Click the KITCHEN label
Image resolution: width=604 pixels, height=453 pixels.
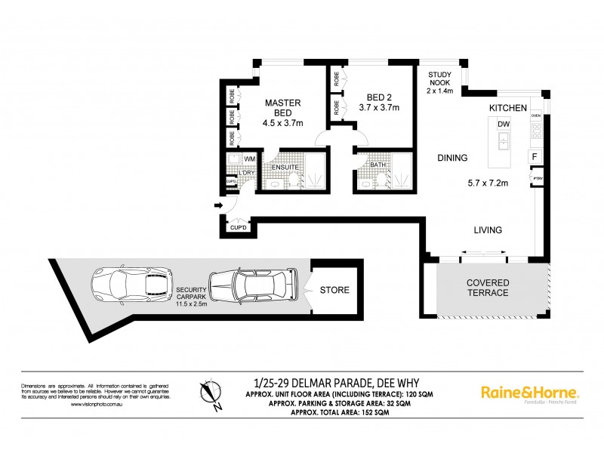pyautogui.click(x=507, y=109)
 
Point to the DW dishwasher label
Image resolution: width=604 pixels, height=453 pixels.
pyautogui.click(x=504, y=125)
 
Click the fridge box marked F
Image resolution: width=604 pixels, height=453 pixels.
pyautogui.click(x=535, y=156)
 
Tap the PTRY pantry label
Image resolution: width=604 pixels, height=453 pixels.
pyautogui.click(x=537, y=179)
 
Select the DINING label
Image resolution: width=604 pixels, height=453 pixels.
pyautogui.click(x=453, y=159)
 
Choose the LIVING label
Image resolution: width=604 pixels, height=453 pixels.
pyautogui.click(x=488, y=230)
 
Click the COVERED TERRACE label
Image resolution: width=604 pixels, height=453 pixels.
pyautogui.click(x=487, y=287)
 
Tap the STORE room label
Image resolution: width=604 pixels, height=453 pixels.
pyautogui.click(x=334, y=290)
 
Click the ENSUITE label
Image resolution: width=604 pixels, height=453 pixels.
pyautogui.click(x=285, y=167)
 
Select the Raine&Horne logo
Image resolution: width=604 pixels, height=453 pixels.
pyautogui.click(x=530, y=393)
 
